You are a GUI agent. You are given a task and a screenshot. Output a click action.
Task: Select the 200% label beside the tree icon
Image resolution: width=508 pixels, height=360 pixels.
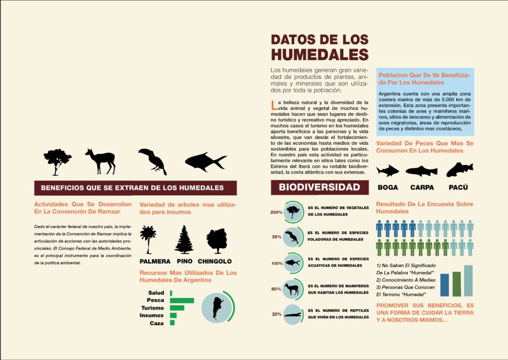pos(276,212)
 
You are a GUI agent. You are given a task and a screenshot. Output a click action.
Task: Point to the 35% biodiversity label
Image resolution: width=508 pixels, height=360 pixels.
pos(276,237)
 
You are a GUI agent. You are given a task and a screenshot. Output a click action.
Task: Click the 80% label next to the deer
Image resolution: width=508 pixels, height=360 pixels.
pos(276,289)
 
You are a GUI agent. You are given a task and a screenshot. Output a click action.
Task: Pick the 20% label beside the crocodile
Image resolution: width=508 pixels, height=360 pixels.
pos(276,314)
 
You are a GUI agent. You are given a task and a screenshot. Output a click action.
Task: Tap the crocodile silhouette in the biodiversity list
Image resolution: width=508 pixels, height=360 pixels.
pos(293,314)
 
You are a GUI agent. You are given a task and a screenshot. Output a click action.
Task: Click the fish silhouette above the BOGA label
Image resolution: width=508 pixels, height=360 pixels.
pos(387,171)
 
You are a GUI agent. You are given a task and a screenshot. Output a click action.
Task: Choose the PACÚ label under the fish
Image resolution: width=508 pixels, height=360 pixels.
pos(458,187)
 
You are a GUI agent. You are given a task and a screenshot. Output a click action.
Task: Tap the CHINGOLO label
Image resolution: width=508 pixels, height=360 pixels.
pos(214,261)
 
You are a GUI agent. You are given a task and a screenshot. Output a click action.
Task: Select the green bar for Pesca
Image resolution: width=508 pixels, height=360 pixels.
pos(182,300)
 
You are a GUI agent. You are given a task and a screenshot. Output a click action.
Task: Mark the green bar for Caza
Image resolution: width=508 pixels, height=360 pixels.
pos(172,323)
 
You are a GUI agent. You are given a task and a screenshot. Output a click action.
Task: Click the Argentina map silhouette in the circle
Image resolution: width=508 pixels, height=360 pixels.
pos(217,307)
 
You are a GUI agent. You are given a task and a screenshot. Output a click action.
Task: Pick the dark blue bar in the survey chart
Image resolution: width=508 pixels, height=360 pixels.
pos(444,285)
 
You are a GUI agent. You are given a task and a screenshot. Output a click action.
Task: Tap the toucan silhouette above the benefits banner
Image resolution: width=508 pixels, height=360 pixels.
pos(152,161)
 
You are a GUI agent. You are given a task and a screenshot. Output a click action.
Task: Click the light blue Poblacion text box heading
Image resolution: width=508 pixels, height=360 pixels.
pos(425,78)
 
